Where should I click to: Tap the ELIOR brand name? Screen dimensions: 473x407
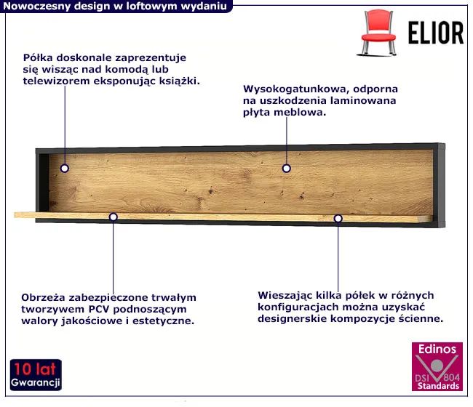436,33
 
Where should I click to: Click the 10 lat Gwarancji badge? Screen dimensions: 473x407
36,375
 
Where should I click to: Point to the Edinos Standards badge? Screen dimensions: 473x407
437,366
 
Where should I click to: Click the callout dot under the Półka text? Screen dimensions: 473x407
65,168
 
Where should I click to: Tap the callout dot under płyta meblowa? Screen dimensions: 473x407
286,168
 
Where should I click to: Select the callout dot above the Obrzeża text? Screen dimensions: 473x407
113,217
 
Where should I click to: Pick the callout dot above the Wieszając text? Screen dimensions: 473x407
338,218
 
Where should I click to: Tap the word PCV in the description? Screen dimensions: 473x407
99,309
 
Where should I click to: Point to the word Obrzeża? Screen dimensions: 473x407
43,298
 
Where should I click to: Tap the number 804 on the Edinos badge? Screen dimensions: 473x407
452,377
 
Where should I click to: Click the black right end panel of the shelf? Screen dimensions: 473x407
439,185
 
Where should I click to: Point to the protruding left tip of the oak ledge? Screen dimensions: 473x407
15,215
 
